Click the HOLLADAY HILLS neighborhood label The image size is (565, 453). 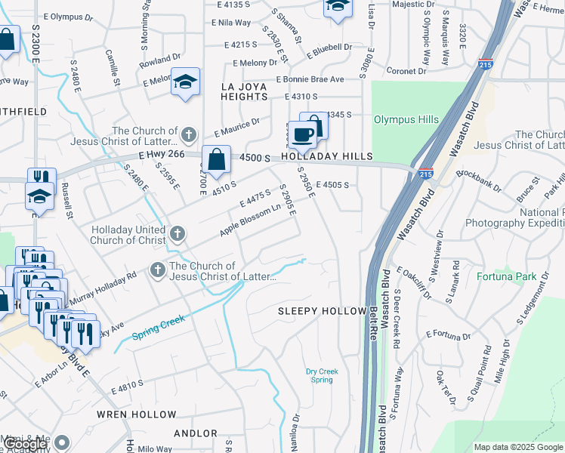click(327, 156)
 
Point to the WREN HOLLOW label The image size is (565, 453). click(136, 414)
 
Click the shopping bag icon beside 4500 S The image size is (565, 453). click(216, 159)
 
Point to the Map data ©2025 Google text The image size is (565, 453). click(517, 447)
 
